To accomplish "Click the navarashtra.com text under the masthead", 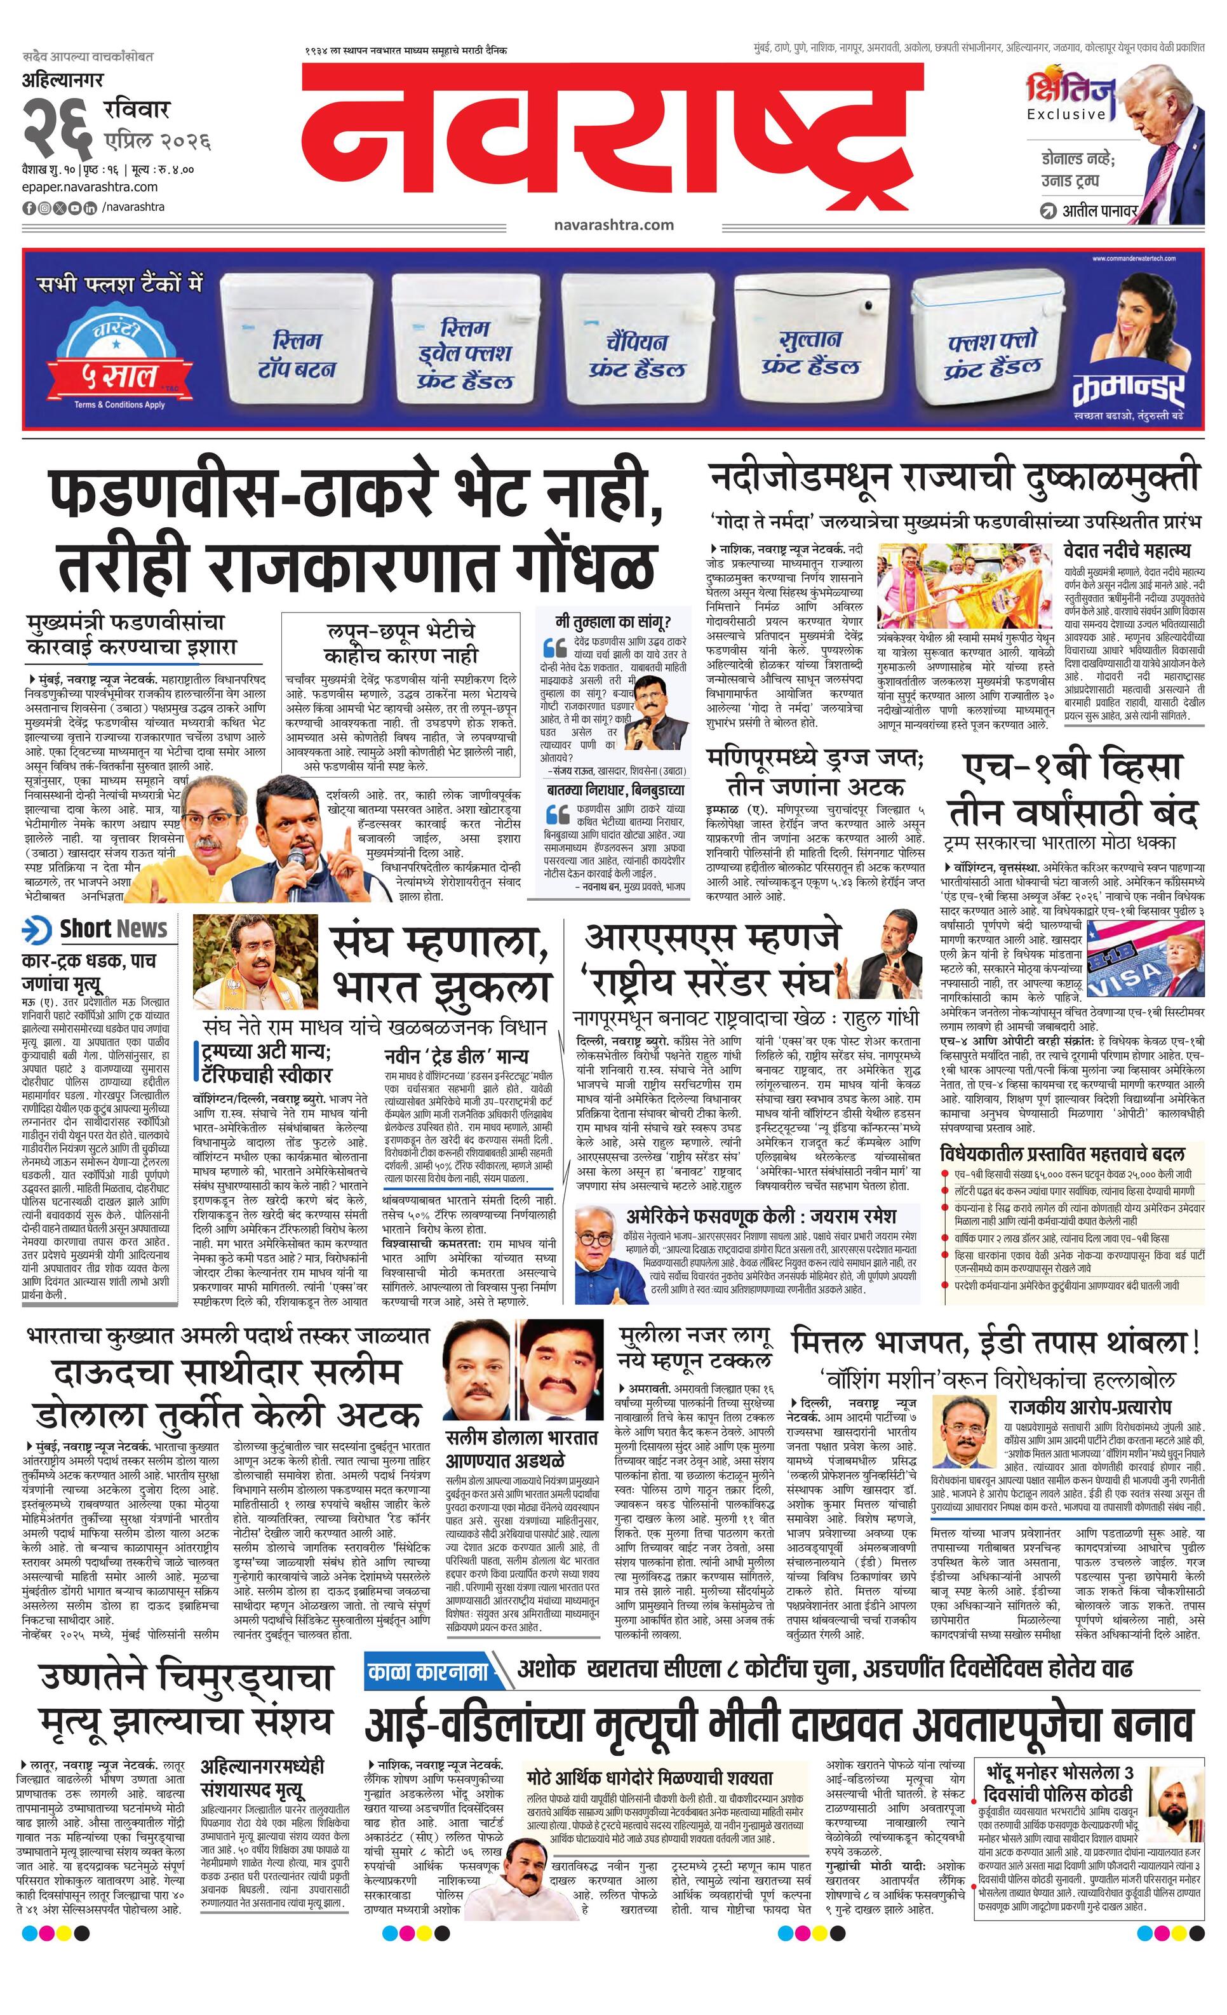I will (613, 225).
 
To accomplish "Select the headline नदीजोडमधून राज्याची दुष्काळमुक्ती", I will (954, 478).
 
